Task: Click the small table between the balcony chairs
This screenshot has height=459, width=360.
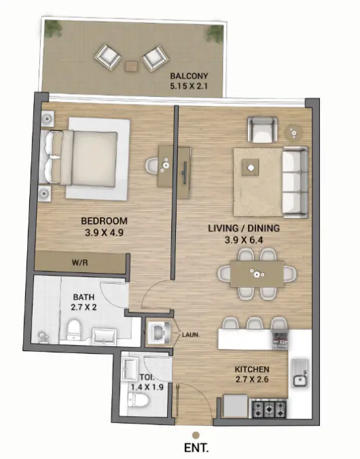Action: [132, 65]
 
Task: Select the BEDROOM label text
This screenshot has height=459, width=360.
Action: [105, 221]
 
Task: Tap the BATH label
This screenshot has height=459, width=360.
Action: [85, 296]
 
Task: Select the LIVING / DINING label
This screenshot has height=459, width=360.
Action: [243, 229]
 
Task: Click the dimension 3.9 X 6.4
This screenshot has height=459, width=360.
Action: [243, 240]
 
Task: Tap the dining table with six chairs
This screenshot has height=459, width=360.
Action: [257, 274]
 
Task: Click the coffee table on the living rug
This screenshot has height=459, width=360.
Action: [251, 167]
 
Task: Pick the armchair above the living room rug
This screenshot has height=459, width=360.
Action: [262, 129]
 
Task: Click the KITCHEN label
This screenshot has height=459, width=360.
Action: [253, 369]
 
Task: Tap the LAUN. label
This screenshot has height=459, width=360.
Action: [191, 334]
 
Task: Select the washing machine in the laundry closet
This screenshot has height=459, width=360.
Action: [159, 333]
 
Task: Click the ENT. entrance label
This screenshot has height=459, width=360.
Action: [196, 448]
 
